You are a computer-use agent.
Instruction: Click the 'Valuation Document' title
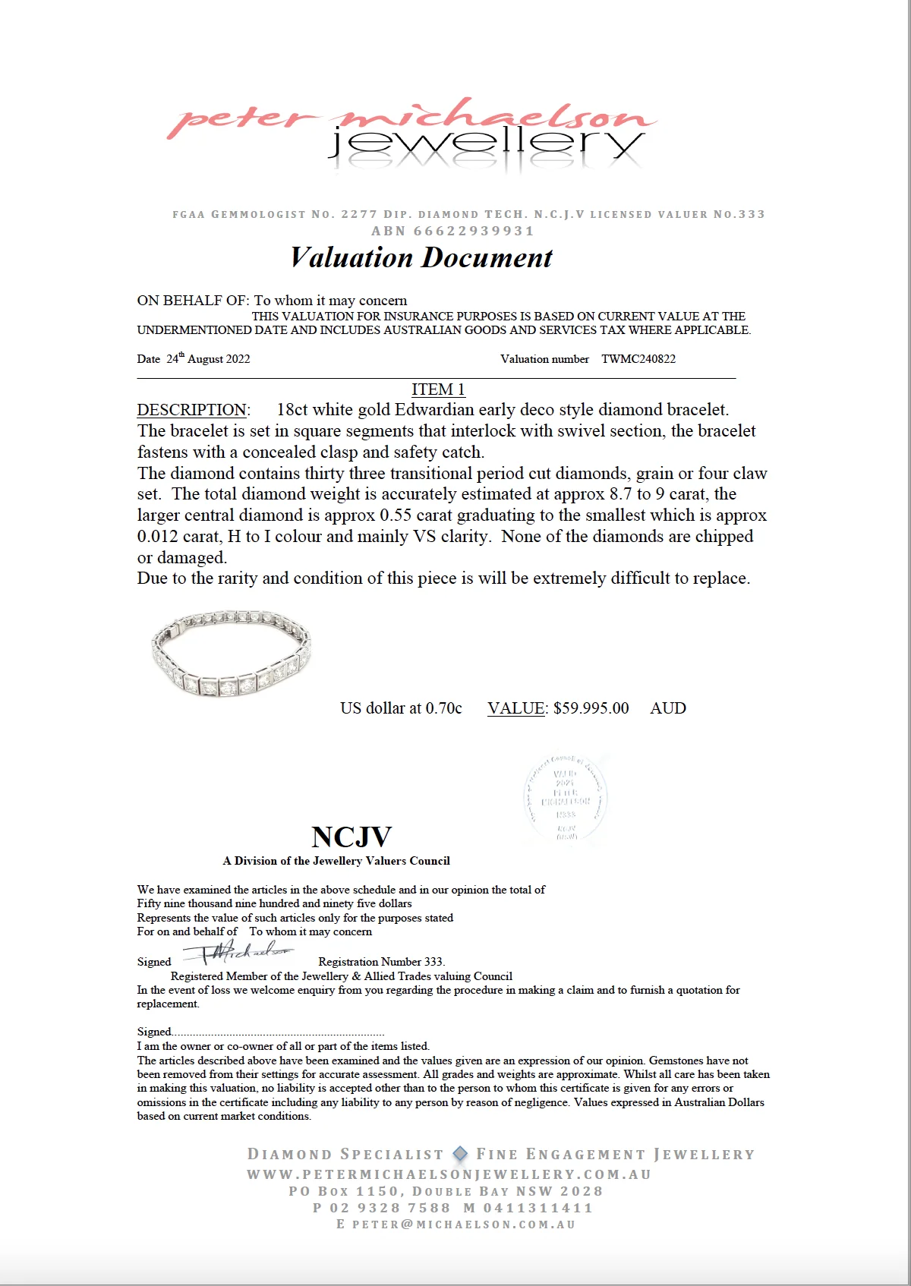(421, 258)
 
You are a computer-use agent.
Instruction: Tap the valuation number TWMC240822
(638, 359)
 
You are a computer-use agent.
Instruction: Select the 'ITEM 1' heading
(438, 389)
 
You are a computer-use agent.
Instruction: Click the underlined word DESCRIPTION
(192, 410)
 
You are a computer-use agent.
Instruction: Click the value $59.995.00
(591, 708)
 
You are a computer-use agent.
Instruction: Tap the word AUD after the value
(668, 708)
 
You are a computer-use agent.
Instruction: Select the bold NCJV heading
(351, 837)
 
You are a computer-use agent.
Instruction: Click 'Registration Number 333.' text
(381, 962)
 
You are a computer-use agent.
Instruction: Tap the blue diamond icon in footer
(460, 1154)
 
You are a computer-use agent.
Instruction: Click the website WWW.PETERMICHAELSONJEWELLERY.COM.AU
(449, 1174)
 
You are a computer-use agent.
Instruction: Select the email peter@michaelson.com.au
(464, 1225)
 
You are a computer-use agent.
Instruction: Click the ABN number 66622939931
(474, 231)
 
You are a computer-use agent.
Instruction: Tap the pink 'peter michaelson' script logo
(410, 118)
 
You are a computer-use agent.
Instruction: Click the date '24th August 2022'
(208, 359)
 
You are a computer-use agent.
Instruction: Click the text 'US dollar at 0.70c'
(401, 708)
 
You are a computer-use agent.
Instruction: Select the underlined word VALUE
(515, 708)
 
